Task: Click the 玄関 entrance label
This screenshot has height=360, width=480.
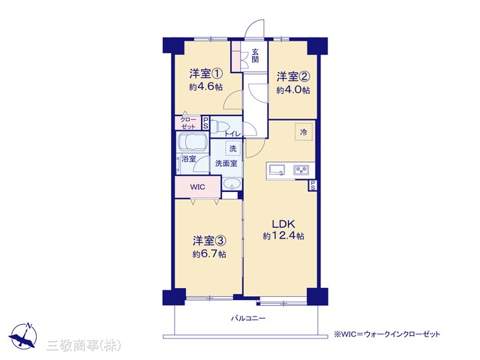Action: [255, 55]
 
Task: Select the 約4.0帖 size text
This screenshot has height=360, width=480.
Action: [293, 90]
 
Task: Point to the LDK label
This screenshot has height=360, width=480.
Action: [283, 224]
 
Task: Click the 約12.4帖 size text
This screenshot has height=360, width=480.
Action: [283, 236]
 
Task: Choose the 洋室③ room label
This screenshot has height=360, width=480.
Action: [210, 241]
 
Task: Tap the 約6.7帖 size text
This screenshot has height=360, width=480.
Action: [210, 254]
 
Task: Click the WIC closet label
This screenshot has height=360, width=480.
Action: [198, 187]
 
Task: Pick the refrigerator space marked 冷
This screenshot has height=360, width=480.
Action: [304, 132]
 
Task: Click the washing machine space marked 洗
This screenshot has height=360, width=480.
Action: [233, 148]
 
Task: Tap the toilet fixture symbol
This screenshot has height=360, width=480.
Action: [218, 127]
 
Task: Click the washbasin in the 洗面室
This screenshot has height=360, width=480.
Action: [232, 184]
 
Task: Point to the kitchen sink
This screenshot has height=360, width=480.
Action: [277, 170]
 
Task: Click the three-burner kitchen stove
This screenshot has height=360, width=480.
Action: [301, 170]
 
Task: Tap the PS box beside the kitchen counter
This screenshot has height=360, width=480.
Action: [313, 185]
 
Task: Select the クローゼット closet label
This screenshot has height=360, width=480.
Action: [188, 123]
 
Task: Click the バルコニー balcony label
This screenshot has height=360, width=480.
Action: [248, 318]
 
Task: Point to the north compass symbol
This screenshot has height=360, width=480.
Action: [23, 335]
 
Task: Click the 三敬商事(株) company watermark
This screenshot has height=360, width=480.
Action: [83, 346]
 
